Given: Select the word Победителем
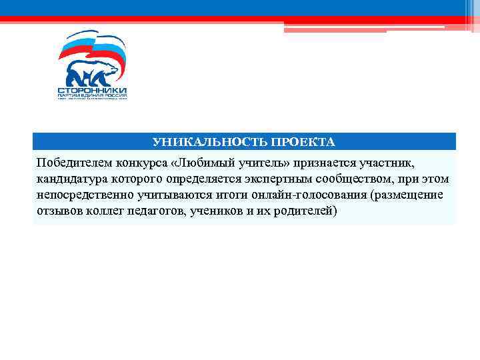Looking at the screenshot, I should pos(75,164).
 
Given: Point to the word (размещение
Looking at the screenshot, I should pos(409,195).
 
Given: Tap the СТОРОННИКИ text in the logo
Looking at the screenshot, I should pos(91,90).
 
